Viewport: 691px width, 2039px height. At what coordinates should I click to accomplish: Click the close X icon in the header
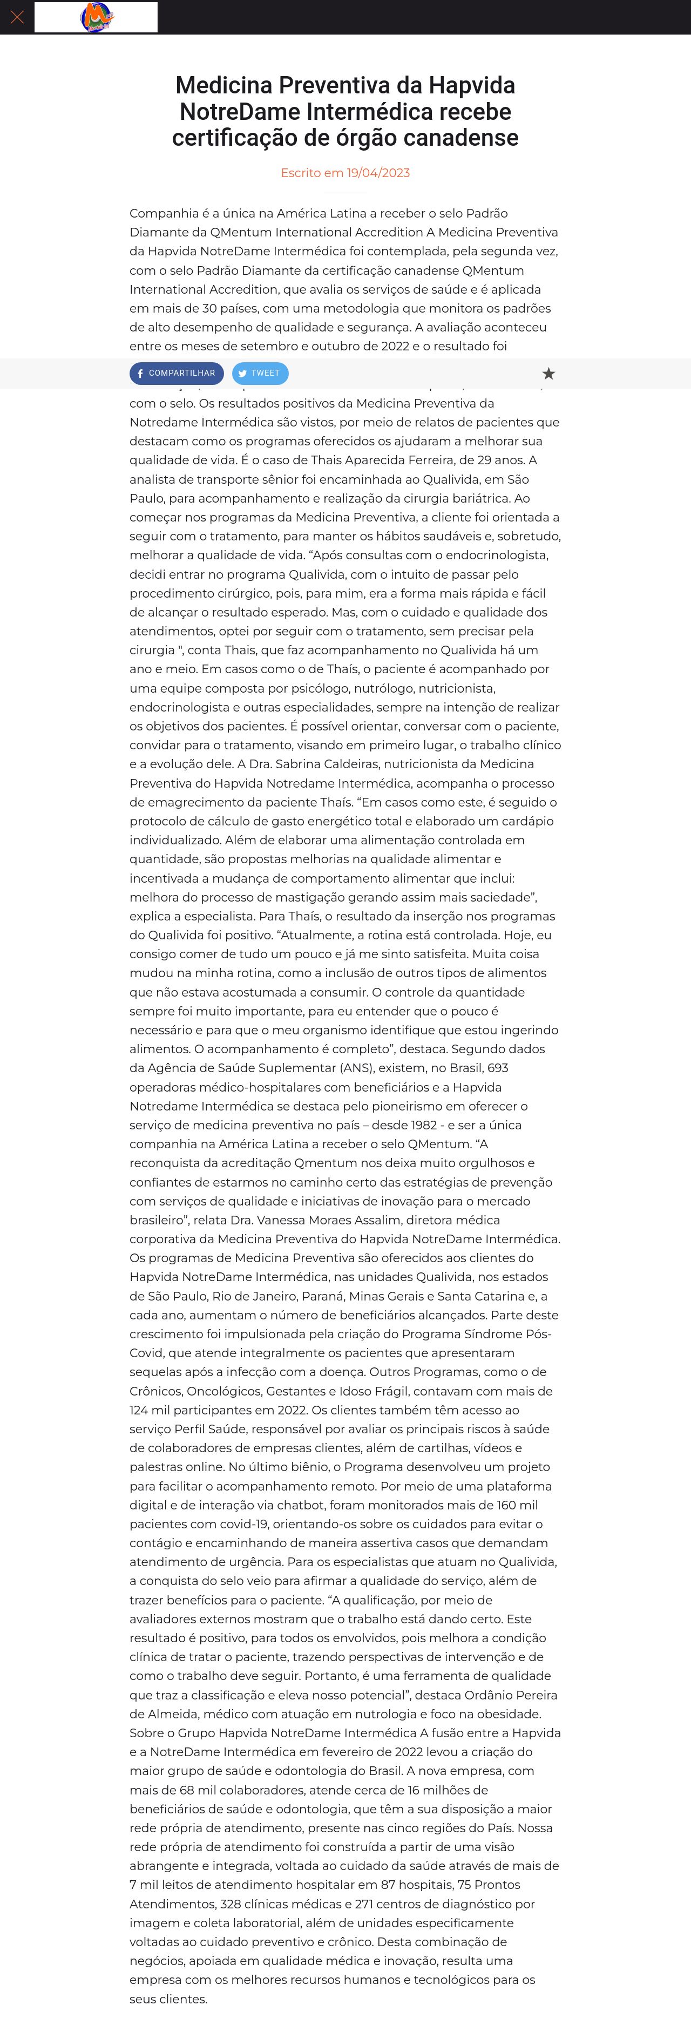tap(17, 17)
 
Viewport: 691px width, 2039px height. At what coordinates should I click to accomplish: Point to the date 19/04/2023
tap(378, 173)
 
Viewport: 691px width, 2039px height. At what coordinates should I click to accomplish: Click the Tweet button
tap(260, 374)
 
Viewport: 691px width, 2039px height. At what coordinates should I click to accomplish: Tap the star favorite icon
tap(548, 374)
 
